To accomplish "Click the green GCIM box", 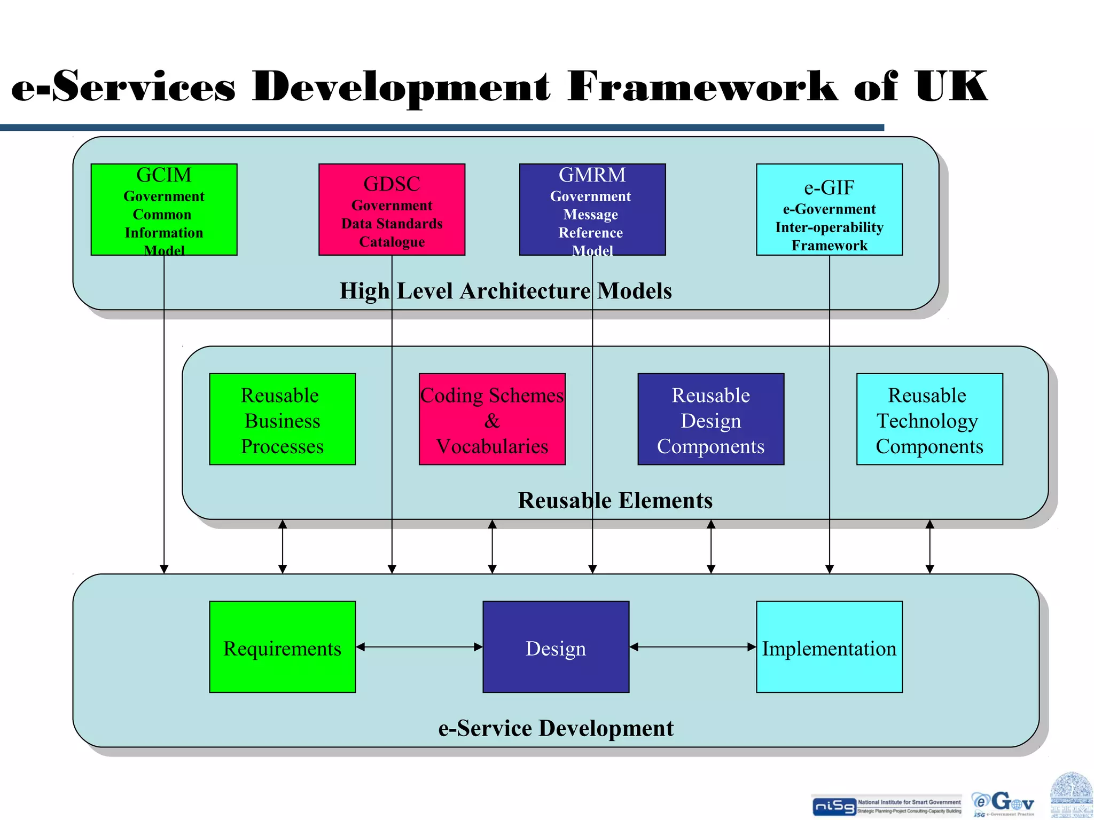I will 164,209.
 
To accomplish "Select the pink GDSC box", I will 392,209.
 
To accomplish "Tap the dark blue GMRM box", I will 592,209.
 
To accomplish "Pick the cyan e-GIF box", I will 829,209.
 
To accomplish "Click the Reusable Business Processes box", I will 282,419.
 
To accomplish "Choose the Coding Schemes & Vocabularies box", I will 492,419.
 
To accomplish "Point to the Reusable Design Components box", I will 710,419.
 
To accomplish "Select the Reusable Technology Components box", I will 929,419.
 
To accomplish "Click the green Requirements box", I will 282,647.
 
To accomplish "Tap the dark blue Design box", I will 556,647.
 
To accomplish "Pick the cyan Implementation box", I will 829,647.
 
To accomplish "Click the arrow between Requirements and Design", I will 419,647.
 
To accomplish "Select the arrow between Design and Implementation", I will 693,647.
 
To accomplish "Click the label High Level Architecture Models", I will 505,291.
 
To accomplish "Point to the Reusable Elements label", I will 615,501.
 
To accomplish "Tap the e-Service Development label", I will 556,728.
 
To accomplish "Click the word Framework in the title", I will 702,86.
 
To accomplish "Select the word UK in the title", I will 951,86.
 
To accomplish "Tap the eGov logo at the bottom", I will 1003,803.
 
